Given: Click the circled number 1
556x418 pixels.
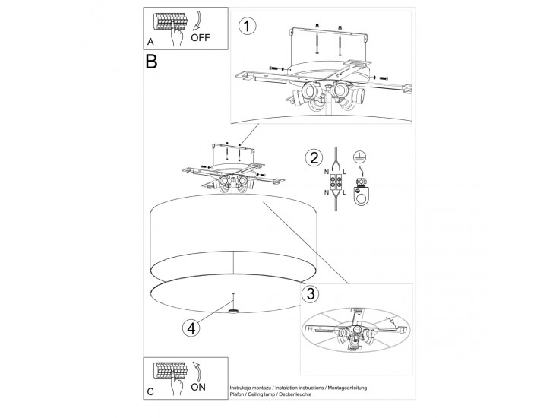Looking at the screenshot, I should tap(246, 27).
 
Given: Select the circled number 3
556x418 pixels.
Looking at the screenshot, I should tap(309, 293).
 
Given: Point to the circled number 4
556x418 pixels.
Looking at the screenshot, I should tap(192, 328).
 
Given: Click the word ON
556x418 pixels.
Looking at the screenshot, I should tap(198, 386).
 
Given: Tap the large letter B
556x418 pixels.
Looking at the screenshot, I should tap(152, 62).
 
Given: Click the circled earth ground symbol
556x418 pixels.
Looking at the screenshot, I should tap(362, 156).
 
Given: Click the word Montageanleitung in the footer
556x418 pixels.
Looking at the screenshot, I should tap(347, 388).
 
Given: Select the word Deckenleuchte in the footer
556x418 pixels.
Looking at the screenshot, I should tap(302, 394).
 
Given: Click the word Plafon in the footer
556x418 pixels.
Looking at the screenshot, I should tap(237, 394).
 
